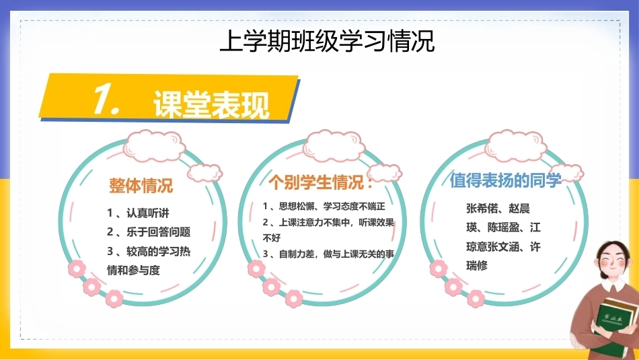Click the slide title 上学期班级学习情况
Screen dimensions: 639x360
tap(327, 41)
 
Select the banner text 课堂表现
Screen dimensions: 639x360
tap(211, 104)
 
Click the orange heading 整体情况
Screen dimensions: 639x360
tap(141, 186)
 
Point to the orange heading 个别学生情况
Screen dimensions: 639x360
tap(321, 182)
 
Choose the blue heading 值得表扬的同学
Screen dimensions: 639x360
tap(505, 180)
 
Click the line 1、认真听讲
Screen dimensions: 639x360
tap(138, 213)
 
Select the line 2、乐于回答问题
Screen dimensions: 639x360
tap(149, 232)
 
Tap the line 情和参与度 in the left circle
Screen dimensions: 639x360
tap(133, 270)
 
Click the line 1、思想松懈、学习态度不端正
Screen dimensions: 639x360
tap(324, 207)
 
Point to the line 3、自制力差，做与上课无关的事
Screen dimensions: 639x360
tap(328, 254)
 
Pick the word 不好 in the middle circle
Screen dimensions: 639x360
tap(272, 238)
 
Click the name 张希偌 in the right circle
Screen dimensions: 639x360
tap(482, 209)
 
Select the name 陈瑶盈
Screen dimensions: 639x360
tap(503, 227)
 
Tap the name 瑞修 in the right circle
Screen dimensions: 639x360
tap(477, 266)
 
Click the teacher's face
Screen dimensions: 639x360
tap(613, 260)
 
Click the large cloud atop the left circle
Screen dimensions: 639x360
tap(154, 145)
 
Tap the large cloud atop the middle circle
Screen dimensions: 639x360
tap(334, 145)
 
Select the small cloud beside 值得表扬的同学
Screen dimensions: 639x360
tap(567, 173)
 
